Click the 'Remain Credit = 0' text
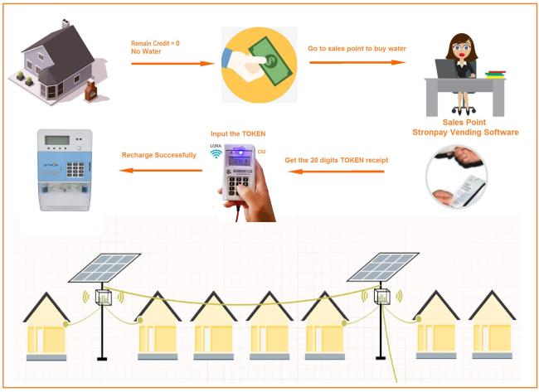(155, 43)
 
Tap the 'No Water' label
(146, 51)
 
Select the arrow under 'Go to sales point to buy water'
(357, 62)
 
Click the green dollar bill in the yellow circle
(270, 60)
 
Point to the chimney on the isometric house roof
(66, 24)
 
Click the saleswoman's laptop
(446, 68)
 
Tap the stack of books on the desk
(495, 75)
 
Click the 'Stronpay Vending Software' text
(465, 133)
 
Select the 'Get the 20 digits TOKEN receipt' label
(336, 160)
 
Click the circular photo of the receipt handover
(457, 177)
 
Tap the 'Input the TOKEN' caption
(238, 133)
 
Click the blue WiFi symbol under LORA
(216, 153)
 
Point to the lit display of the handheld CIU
(240, 160)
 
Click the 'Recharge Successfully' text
(159, 155)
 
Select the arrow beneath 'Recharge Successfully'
(161, 171)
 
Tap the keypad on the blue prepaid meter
(75, 169)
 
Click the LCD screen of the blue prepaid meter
(57, 140)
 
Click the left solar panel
(104, 268)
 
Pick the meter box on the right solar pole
(381, 296)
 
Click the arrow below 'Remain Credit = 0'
(173, 64)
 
